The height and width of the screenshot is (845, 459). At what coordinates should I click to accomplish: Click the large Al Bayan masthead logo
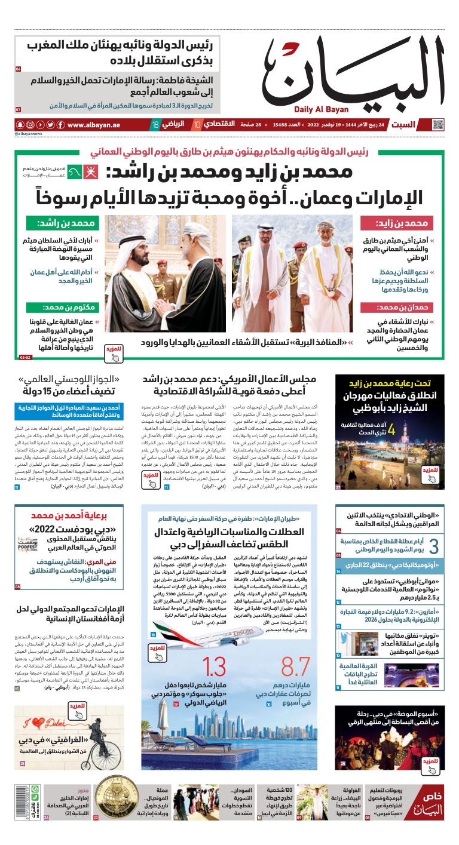point(353,69)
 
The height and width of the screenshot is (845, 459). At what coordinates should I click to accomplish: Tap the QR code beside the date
point(438,125)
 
